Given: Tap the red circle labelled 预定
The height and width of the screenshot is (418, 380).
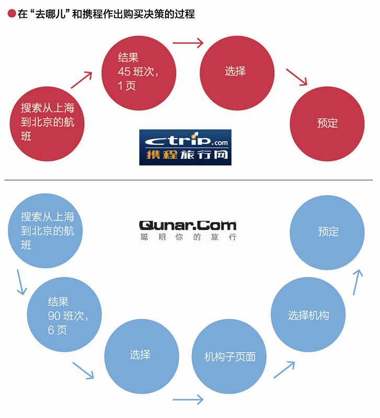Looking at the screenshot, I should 327,123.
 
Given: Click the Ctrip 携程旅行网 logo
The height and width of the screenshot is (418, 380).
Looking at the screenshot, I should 185,147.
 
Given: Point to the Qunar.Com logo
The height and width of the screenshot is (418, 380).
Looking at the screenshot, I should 188,229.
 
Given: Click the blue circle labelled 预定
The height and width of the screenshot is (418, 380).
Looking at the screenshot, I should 327,232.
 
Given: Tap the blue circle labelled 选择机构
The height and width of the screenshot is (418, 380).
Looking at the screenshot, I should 308,315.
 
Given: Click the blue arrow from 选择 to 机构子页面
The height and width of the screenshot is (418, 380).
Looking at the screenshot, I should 188,400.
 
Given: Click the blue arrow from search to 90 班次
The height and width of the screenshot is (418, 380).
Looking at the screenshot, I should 21,282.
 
